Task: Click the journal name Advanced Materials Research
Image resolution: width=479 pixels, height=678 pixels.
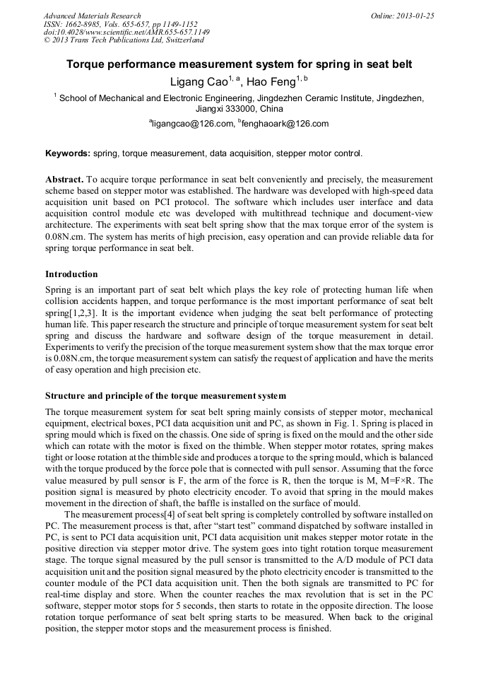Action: pos(92,16)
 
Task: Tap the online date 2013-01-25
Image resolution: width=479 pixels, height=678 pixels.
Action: pos(415,16)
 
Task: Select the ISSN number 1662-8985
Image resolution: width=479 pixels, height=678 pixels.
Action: pos(88,24)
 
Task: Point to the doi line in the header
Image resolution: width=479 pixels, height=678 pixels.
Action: pos(126,32)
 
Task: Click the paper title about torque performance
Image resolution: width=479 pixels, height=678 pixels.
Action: pos(239,64)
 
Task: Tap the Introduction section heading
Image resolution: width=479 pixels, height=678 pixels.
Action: pos(71,274)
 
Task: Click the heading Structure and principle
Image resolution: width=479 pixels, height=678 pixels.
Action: pos(165,395)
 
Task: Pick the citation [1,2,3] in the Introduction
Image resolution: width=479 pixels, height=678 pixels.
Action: pos(88,311)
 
